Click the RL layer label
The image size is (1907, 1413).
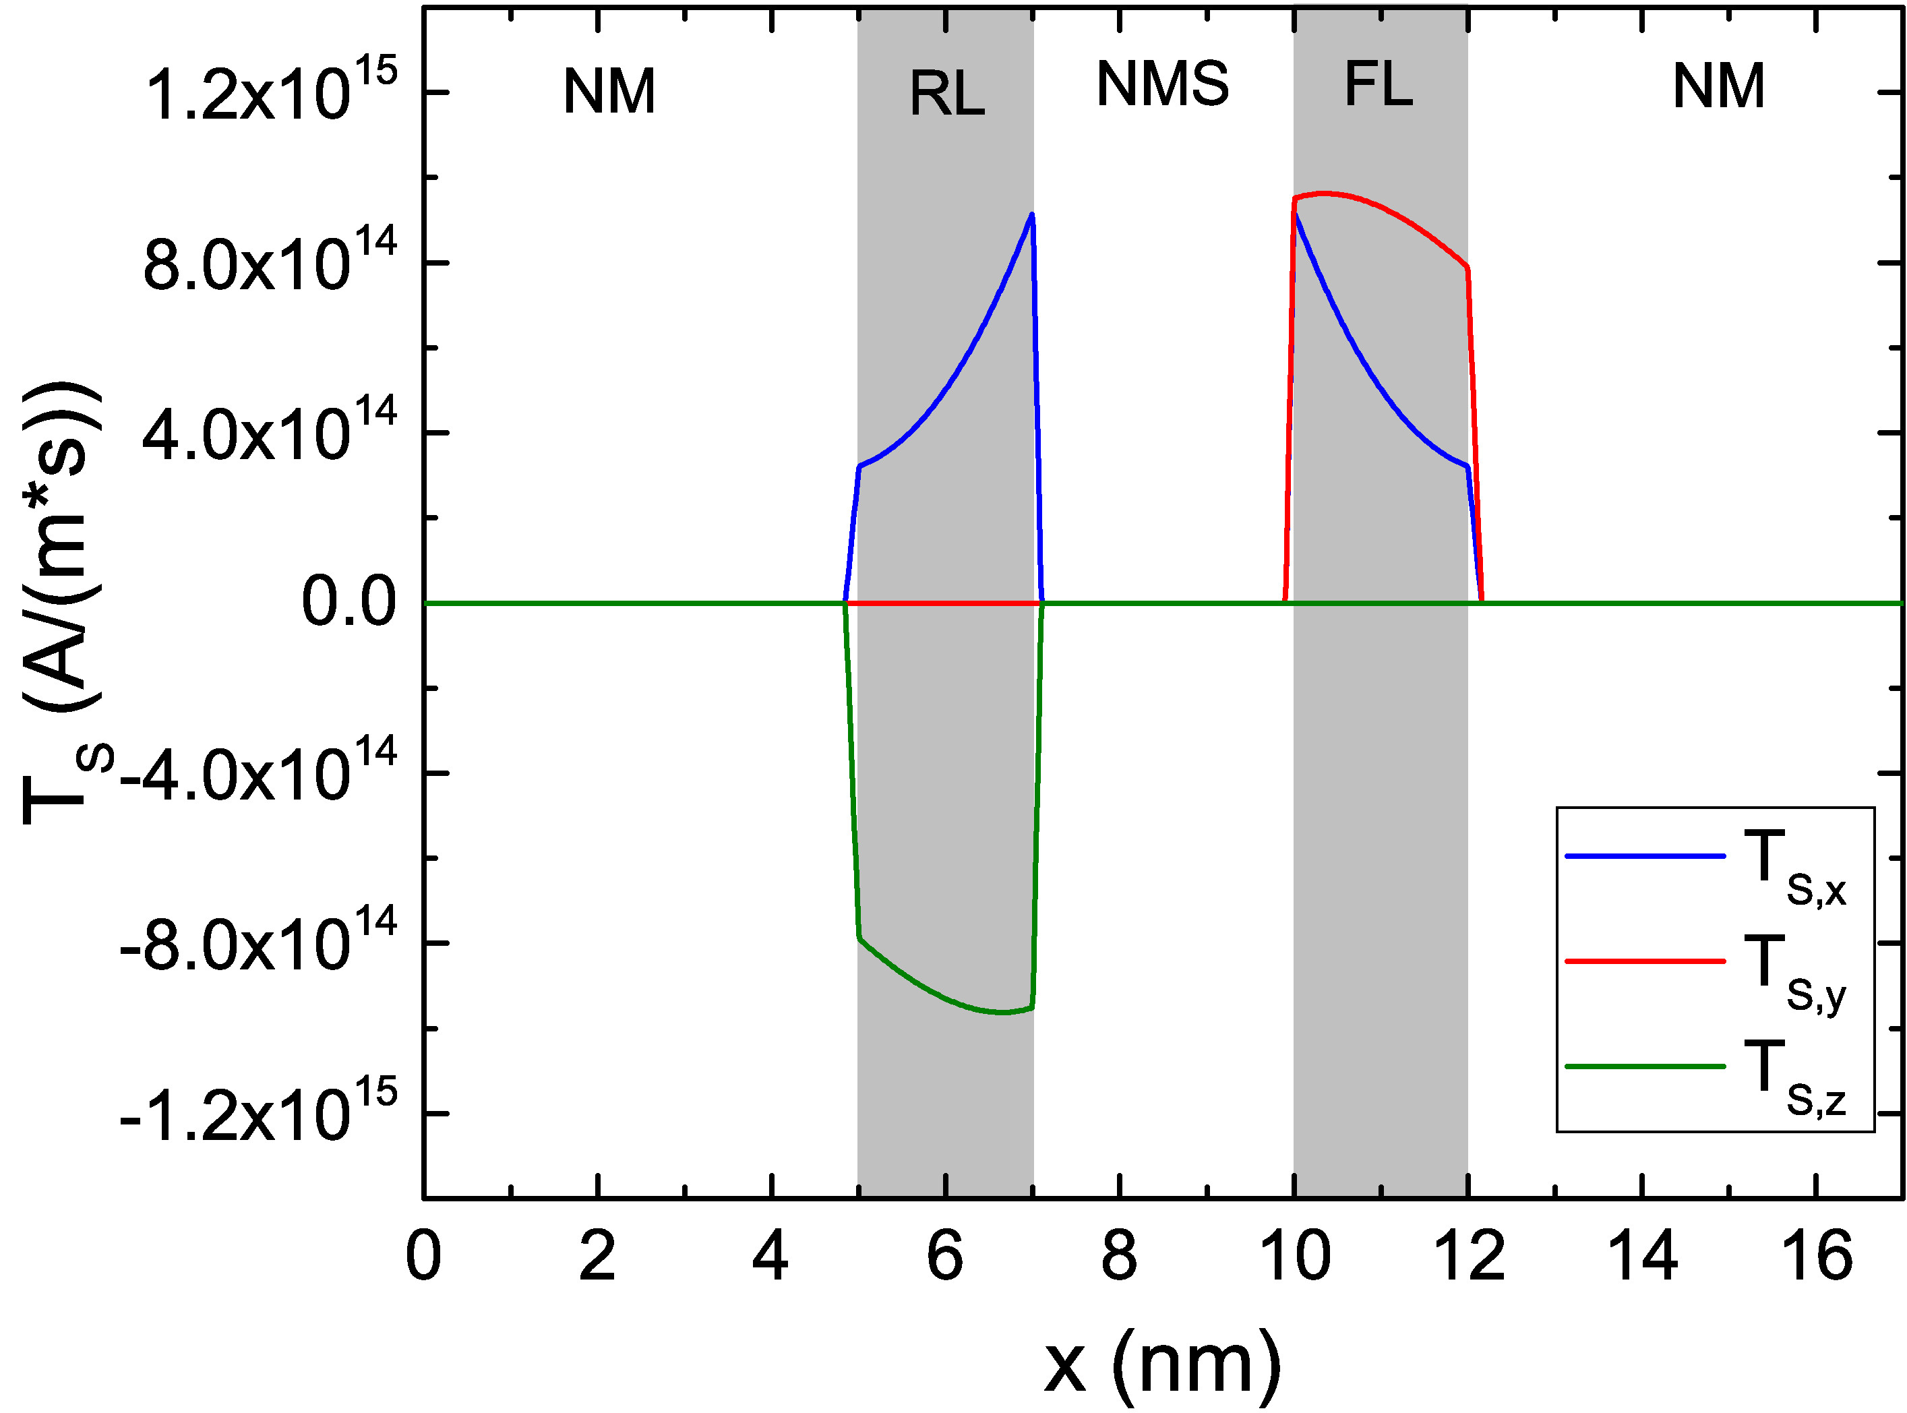tap(946, 94)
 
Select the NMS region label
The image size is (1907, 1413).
tap(1162, 85)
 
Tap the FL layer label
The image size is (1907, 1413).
tap(1378, 85)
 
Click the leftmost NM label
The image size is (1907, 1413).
tap(609, 92)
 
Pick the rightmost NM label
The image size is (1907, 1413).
tap(1718, 86)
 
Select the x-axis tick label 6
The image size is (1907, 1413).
tap(945, 1257)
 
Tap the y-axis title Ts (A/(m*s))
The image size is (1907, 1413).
tap(65, 602)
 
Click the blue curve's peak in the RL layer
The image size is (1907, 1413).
tap(1032, 214)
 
